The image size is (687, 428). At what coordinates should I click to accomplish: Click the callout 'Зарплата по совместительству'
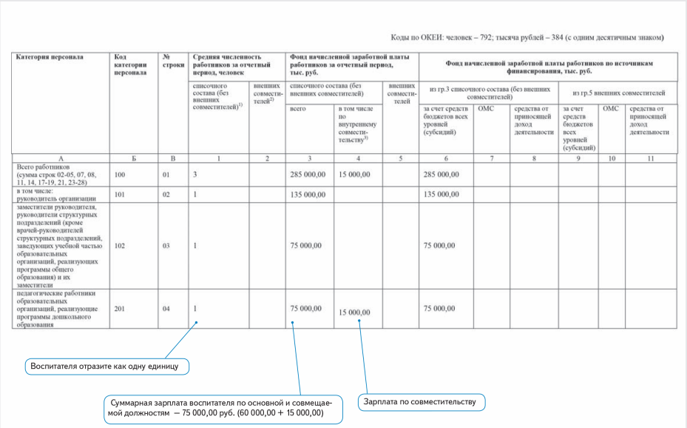pyautogui.click(x=422, y=402)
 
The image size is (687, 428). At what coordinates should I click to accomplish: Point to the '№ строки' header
pyautogui.click(x=172, y=61)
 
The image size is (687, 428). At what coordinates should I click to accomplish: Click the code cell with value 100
pyautogui.click(x=120, y=175)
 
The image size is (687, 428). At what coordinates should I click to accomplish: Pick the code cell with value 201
pyautogui.click(x=120, y=307)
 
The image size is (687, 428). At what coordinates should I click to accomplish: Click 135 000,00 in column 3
pyautogui.click(x=306, y=195)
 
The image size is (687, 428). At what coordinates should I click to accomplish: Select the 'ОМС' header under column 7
pyautogui.click(x=486, y=109)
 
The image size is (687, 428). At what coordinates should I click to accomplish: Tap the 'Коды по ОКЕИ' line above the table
pyautogui.click(x=527, y=37)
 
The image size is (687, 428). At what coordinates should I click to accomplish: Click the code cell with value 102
pyautogui.click(x=120, y=245)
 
